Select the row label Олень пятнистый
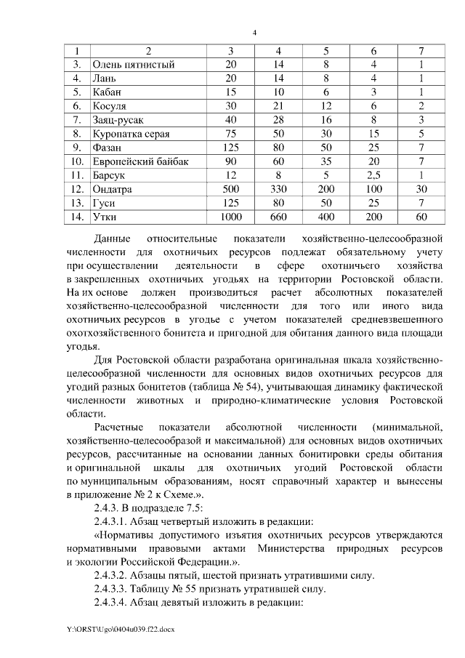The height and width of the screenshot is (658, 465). pyautogui.click(x=134, y=65)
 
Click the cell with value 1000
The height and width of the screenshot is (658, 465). pyautogui.click(x=232, y=216)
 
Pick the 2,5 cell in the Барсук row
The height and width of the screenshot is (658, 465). pyautogui.click(x=374, y=174)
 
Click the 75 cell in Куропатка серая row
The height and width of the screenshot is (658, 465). pyautogui.click(x=232, y=134)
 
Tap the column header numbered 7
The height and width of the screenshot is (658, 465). pyautogui.click(x=421, y=51)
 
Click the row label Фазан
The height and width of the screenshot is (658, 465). pyautogui.click(x=108, y=148)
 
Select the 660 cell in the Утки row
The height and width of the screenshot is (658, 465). pyautogui.click(x=278, y=216)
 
